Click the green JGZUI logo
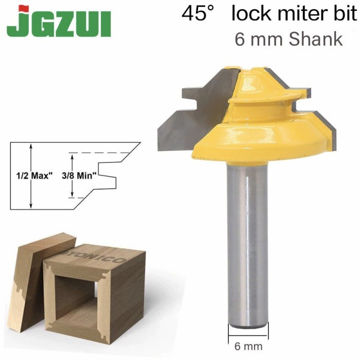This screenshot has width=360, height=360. click(x=59, y=22)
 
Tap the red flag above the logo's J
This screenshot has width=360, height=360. click(x=24, y=9)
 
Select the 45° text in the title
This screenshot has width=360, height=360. click(x=197, y=13)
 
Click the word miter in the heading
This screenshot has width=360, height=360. click(x=302, y=13)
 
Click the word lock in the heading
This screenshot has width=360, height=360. click(x=251, y=13)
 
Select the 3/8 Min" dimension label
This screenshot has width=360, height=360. click(x=79, y=176)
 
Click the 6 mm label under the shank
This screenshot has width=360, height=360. click(x=248, y=346)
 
